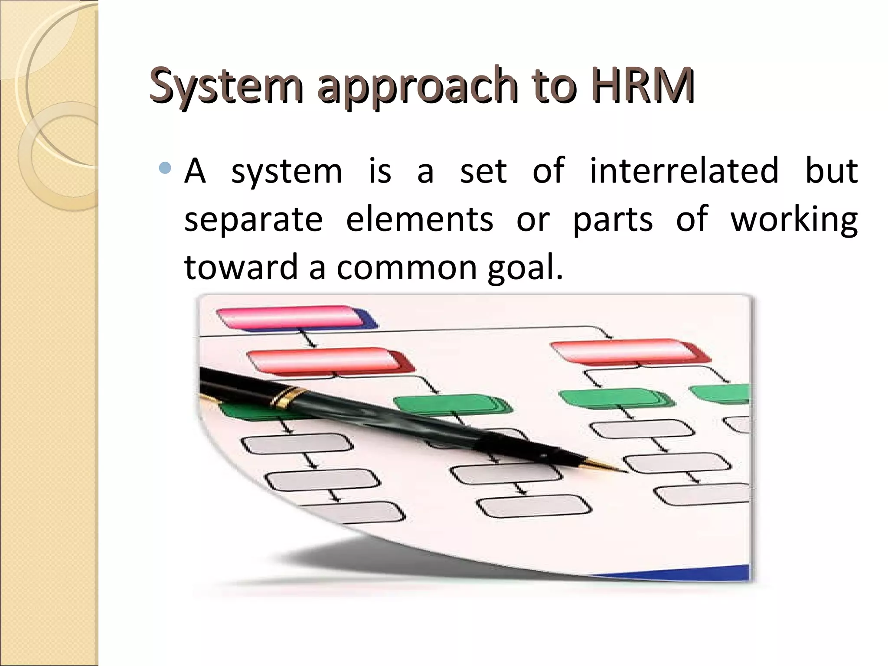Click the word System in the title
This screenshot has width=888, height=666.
coord(225,84)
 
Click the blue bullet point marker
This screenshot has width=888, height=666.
coord(165,168)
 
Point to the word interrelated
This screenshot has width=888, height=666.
coord(684,170)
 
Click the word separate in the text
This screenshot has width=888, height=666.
coord(253,219)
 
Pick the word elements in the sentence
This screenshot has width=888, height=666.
coord(419,219)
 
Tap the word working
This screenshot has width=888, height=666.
coord(794,219)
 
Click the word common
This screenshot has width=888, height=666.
coord(407,267)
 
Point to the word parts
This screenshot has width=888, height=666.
coord(613,219)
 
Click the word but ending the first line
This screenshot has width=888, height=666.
coord(831,170)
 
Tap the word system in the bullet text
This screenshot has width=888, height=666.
coord(287,171)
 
